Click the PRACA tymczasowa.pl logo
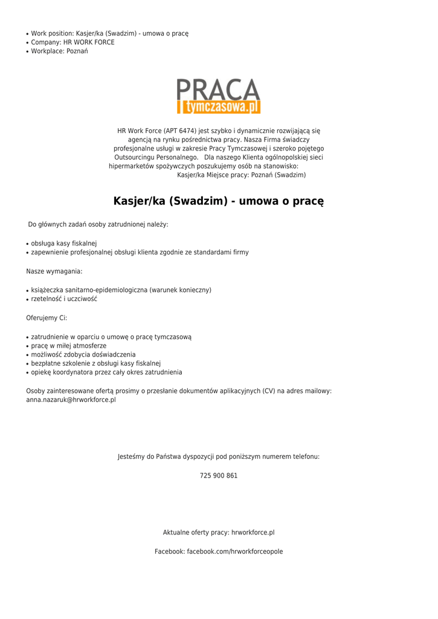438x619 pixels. (218, 96)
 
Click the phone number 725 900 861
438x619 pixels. (219, 476)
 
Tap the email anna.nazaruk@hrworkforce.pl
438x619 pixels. (71, 400)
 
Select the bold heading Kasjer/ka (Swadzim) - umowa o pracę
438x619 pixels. (219, 201)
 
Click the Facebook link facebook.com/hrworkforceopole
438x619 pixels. (234, 552)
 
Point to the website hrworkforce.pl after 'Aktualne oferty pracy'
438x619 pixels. (253, 533)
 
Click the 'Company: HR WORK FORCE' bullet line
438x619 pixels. (72, 42)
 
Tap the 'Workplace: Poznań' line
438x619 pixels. (59, 51)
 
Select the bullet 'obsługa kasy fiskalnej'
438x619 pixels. (64, 243)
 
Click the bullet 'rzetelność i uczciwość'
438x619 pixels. (64, 299)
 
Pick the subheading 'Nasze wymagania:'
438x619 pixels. (54, 271)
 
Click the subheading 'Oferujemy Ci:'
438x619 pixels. (47, 318)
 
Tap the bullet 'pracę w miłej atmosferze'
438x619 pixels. (69, 346)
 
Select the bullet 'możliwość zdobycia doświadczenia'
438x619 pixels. (83, 355)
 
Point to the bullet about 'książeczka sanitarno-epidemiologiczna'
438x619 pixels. (121, 290)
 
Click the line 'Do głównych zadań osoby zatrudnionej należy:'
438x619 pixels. (98, 225)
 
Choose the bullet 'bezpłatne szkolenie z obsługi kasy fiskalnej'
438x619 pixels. (95, 364)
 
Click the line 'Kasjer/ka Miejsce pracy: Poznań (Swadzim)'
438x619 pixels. (242, 175)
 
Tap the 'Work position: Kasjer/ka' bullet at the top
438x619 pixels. (109, 33)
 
